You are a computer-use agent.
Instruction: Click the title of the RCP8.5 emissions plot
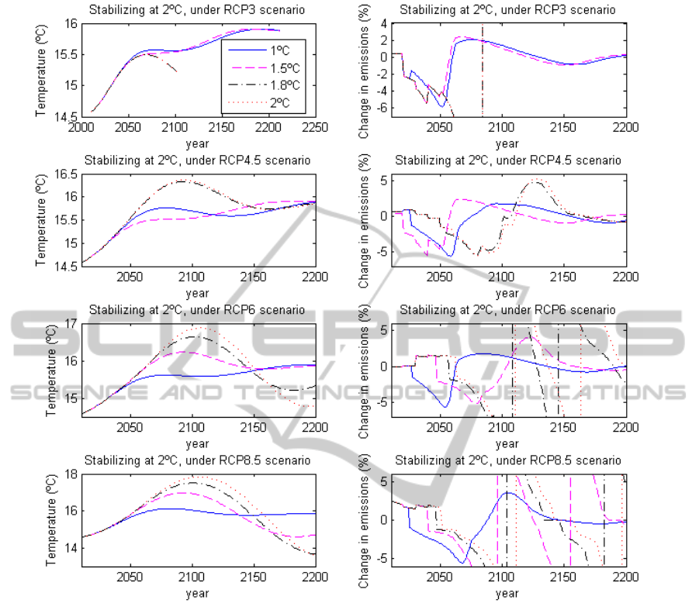[x=507, y=460]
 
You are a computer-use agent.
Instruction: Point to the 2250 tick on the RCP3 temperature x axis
[x=313, y=129]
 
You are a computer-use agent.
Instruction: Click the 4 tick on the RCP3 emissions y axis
[x=383, y=24]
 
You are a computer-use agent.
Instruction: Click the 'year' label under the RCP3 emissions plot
[x=507, y=143]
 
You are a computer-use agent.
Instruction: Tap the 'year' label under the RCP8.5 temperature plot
[x=197, y=593]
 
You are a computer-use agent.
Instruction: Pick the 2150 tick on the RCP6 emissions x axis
[x=565, y=429]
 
